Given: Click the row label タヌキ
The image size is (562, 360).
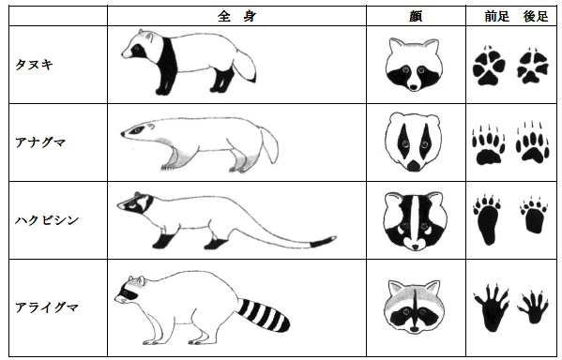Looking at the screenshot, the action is click(x=34, y=65).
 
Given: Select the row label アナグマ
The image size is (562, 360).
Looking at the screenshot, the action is click(x=40, y=142).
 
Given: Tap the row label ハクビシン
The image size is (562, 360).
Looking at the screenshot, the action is click(x=47, y=220).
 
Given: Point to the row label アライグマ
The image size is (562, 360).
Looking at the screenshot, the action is click(x=47, y=307).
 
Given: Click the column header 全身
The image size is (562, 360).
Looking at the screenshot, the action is click(x=236, y=16).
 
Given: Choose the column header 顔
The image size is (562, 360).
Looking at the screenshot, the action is click(x=416, y=16).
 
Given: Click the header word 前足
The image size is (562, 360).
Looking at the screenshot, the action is click(x=496, y=16).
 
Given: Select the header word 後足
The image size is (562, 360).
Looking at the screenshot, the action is click(x=536, y=16).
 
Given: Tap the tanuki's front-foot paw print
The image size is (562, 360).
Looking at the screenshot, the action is click(x=489, y=66).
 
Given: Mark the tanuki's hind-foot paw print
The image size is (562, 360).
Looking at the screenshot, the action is click(x=533, y=66).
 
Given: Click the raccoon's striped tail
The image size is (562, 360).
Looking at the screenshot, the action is click(x=266, y=315).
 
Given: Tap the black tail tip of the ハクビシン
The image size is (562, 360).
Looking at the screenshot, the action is click(x=323, y=242).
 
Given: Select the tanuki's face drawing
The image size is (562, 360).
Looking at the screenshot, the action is click(x=414, y=65).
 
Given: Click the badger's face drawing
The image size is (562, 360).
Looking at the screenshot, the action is click(x=414, y=142).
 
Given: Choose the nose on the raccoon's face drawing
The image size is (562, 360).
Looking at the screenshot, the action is click(x=415, y=329).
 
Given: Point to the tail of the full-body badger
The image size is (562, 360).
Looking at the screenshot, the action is click(x=269, y=145).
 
